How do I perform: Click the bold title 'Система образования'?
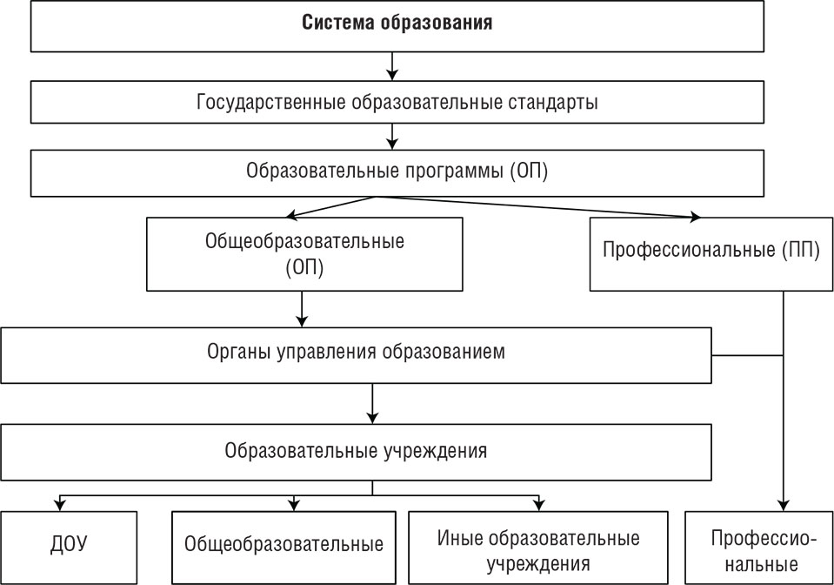[397, 24]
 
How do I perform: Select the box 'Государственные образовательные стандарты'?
[397, 102]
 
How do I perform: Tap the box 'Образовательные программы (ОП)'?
[397, 171]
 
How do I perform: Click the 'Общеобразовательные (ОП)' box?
[304, 253]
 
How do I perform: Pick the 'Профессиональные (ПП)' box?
[711, 252]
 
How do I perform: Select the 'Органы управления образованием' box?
[357, 353]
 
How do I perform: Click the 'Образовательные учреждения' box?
[357, 451]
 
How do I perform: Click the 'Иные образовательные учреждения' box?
[538, 548]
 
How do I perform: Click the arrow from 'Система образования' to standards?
[392, 65]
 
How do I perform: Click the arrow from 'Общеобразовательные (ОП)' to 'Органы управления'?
[302, 308]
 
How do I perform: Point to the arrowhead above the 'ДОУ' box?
[59, 505]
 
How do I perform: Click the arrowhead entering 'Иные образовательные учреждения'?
[538, 505]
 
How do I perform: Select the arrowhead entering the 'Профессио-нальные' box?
[784, 503]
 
